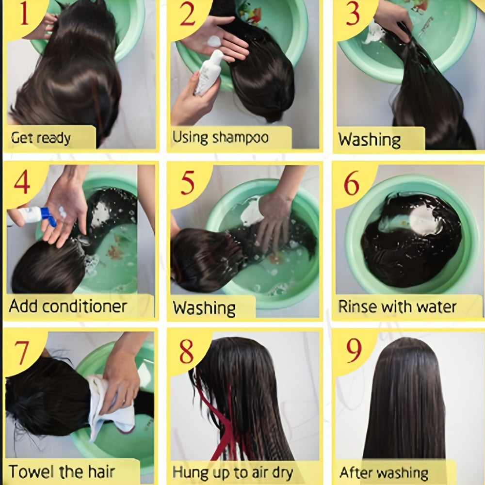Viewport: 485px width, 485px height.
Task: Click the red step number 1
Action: (x=24, y=14)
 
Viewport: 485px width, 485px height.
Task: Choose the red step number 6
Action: (x=352, y=183)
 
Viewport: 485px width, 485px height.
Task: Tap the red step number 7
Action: (x=22, y=353)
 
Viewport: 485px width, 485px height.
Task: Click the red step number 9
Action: (x=354, y=350)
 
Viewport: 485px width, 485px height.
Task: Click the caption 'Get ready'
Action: (x=41, y=138)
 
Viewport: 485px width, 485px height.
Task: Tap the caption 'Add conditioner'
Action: (x=68, y=306)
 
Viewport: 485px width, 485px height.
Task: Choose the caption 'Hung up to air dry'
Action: (x=233, y=473)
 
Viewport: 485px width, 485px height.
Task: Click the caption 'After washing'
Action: (x=384, y=473)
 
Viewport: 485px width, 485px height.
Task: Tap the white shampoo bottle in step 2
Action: (x=209, y=73)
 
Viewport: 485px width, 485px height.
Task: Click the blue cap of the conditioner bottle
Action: (x=48, y=216)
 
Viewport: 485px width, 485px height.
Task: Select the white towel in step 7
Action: (x=112, y=408)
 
